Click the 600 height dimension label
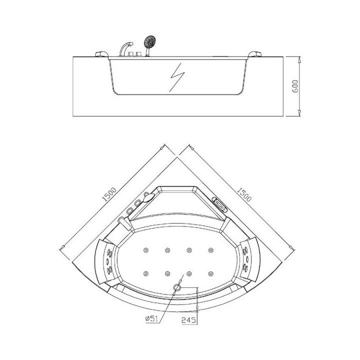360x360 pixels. [295, 86]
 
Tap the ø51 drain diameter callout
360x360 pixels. [152, 318]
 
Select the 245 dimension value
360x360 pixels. [189, 320]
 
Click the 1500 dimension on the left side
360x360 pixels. [109, 194]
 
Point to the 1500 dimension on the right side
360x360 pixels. [244, 194]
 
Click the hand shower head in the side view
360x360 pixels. [149, 41]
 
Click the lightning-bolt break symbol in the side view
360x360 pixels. [177, 77]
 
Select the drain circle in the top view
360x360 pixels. [177, 287]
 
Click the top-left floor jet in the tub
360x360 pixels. [146, 250]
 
